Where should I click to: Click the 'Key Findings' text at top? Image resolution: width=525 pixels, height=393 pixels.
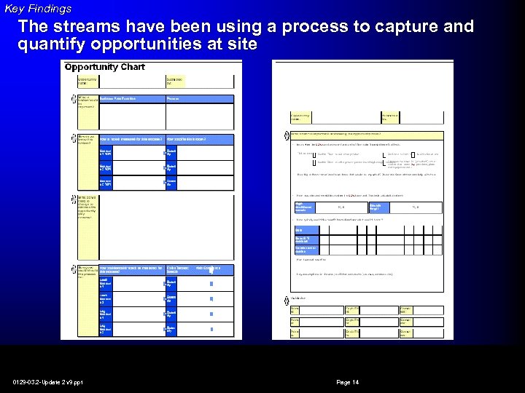pyautogui.click(x=38, y=9)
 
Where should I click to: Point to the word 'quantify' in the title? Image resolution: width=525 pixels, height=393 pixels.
pyautogui.click(x=49, y=44)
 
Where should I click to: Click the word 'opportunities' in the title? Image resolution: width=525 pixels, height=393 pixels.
pyautogui.click(x=139, y=44)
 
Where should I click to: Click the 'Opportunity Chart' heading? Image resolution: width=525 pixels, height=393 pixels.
pyautogui.click(x=104, y=67)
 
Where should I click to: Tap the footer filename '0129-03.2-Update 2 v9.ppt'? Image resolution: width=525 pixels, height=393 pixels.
pyautogui.click(x=47, y=382)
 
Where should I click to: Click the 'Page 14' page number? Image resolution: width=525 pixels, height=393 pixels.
pyautogui.click(x=347, y=382)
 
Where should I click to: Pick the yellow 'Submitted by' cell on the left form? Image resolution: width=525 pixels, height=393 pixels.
pyautogui.click(x=175, y=81)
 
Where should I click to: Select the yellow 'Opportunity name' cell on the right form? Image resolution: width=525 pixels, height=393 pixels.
pyautogui.click(x=300, y=116)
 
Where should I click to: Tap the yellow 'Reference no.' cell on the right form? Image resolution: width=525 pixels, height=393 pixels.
pyautogui.click(x=390, y=116)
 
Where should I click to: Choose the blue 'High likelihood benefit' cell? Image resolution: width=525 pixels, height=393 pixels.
pyautogui.click(x=305, y=207)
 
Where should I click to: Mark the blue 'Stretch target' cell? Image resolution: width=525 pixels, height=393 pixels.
pyautogui.click(x=380, y=207)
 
